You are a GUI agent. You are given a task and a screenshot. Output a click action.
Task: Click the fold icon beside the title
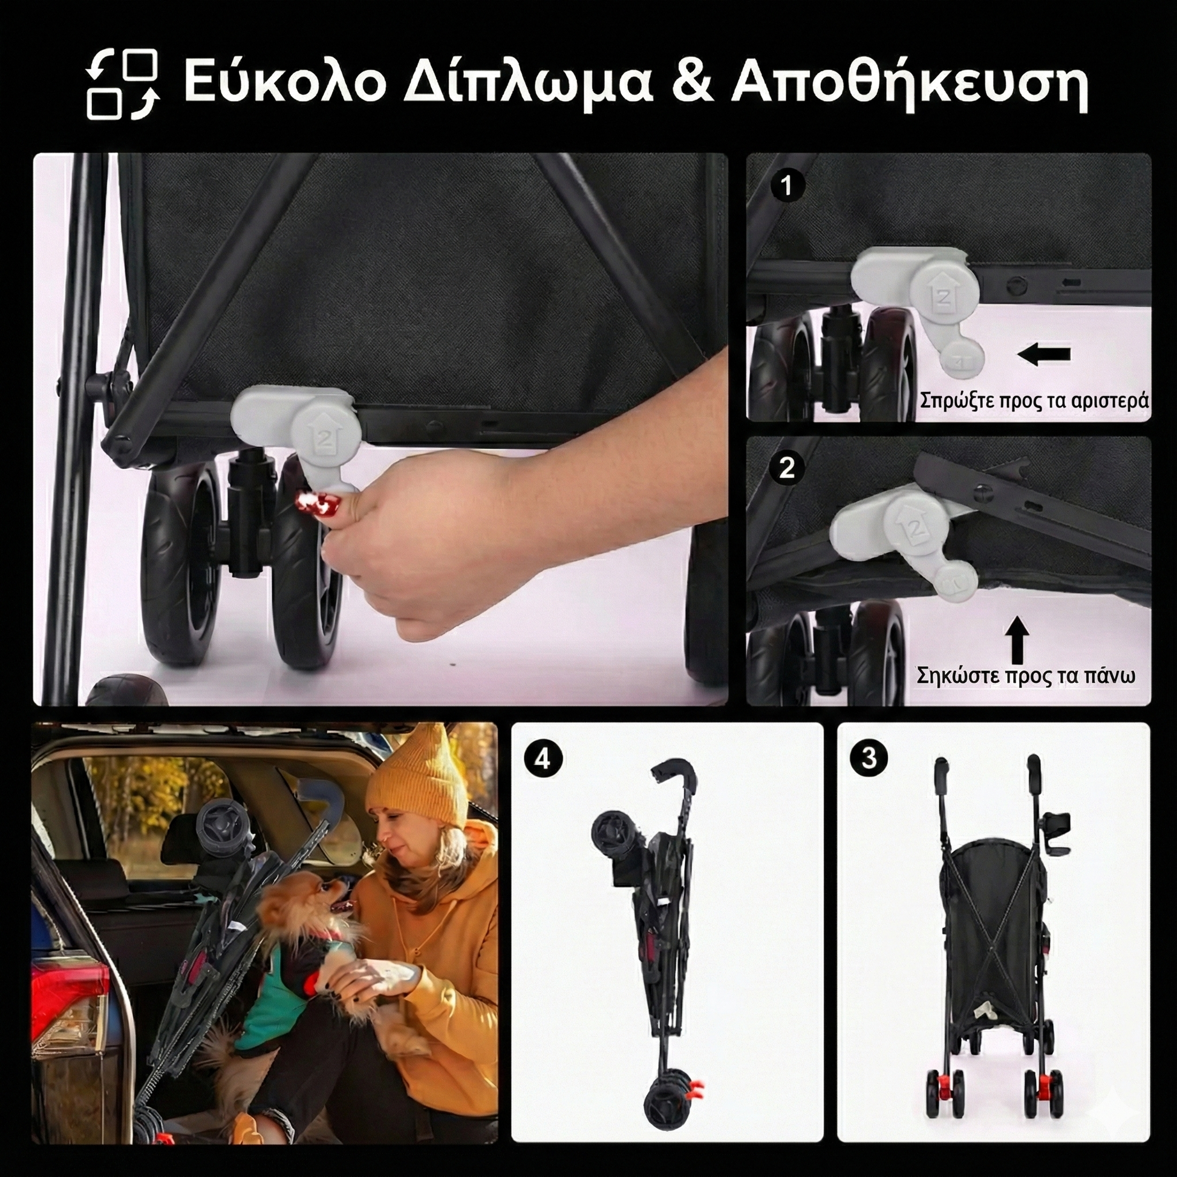coord(122,83)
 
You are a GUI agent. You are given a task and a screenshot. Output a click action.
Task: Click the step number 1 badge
coord(786,185)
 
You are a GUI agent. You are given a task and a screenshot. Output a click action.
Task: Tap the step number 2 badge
coord(786,468)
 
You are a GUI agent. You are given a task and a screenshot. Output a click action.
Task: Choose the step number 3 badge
coord(869,758)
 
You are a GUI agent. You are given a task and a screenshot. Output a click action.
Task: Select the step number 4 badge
coord(542,760)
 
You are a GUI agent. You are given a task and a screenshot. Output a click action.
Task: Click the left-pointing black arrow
coord(1044,354)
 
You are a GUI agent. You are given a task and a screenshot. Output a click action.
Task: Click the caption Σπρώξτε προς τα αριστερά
coord(1034,401)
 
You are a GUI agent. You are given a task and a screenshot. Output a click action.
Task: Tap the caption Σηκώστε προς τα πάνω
coord(1026,677)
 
